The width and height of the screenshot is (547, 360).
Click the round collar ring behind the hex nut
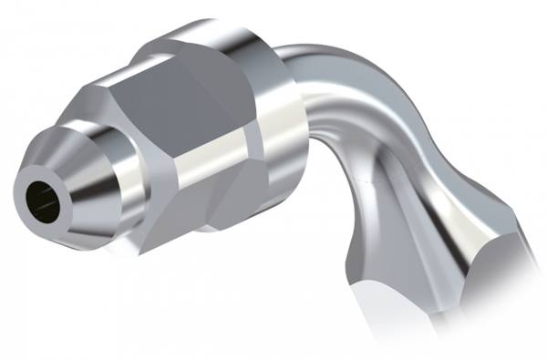pos(273,137)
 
